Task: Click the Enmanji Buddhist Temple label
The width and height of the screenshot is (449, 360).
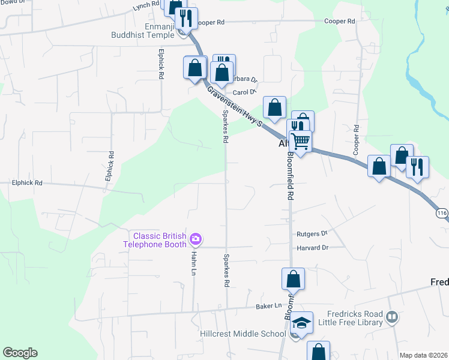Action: point(142,31)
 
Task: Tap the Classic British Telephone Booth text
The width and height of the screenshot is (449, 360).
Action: point(156,240)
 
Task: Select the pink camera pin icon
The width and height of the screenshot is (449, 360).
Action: point(195,240)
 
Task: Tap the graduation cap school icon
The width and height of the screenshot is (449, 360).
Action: point(302,323)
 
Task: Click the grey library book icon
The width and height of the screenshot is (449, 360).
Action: point(392,317)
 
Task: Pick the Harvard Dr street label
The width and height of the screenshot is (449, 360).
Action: point(312,248)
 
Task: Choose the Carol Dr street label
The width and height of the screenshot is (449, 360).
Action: point(244,92)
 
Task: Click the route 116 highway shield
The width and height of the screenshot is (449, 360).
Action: point(442,213)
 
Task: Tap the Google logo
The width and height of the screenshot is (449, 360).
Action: point(20,353)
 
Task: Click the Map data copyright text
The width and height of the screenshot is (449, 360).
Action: point(423,355)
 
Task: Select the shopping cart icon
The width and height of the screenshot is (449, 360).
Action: point(300,142)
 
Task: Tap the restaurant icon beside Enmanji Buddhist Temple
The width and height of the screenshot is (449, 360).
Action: point(186,19)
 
